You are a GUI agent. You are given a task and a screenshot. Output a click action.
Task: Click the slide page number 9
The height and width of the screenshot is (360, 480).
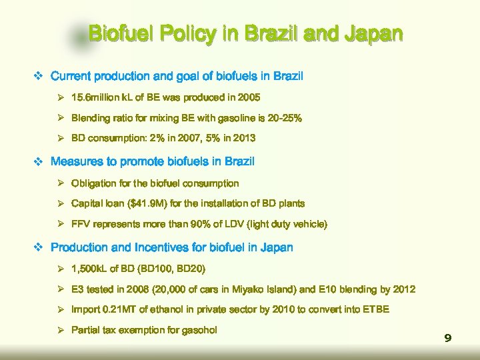pyautogui.click(x=448, y=339)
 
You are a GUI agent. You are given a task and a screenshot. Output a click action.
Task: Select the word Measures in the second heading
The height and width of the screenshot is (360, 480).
pyautogui.click(x=77, y=161)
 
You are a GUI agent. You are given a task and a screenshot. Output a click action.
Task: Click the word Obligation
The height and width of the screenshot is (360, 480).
pyautogui.click(x=95, y=183)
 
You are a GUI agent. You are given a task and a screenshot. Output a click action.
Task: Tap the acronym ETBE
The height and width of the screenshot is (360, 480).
pyautogui.click(x=375, y=309)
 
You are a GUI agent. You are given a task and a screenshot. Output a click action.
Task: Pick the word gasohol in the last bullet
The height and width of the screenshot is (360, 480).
pyautogui.click(x=198, y=330)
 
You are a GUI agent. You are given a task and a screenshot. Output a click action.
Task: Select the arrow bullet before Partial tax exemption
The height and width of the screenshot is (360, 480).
pyautogui.click(x=60, y=330)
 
